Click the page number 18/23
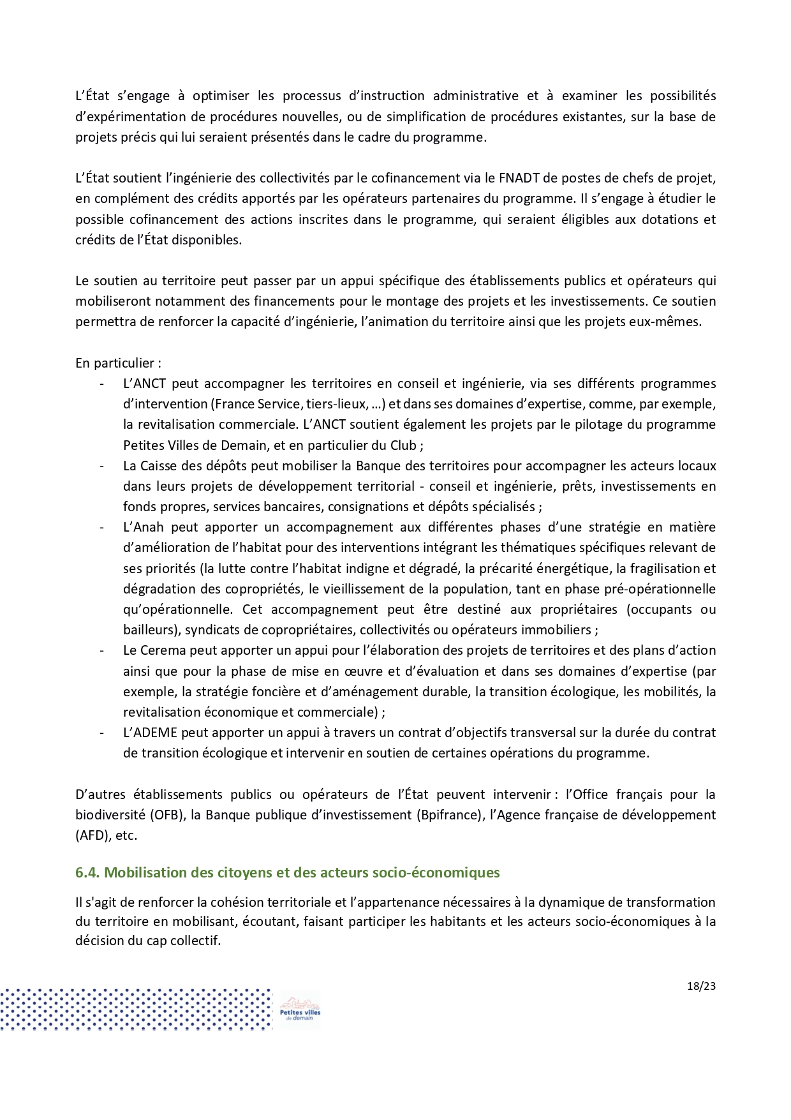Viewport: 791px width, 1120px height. pos(701,986)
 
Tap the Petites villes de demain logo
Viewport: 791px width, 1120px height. pos(300,1009)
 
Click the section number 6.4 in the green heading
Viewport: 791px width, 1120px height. pos(87,872)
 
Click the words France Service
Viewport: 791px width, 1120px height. pos(258,404)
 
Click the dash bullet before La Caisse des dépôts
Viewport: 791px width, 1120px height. pos(102,466)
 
